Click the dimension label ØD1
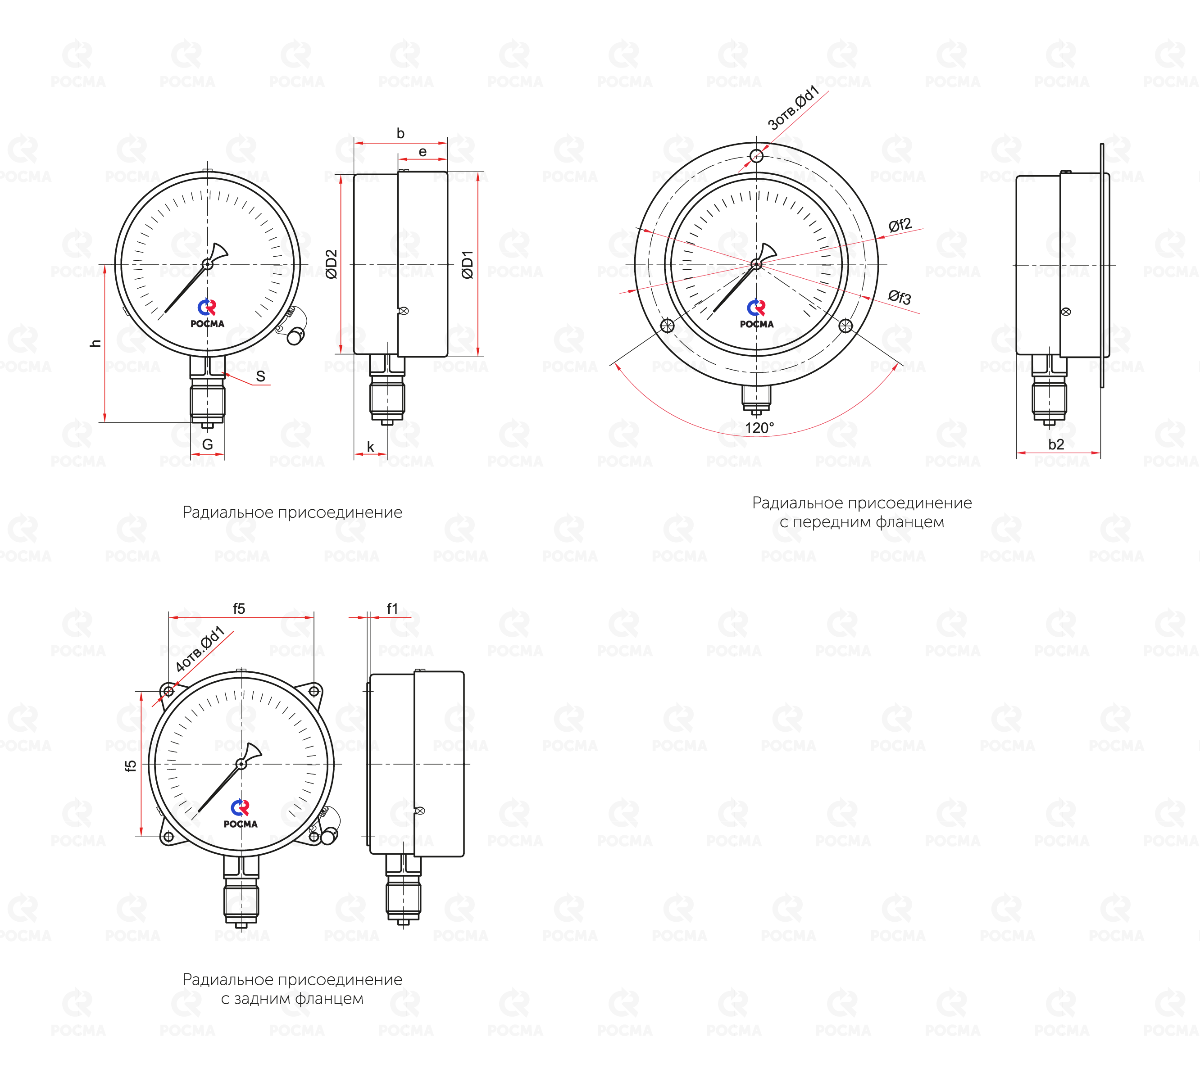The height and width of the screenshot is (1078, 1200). point(468,265)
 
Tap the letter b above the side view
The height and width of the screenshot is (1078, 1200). point(400,133)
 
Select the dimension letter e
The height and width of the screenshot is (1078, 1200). point(423,152)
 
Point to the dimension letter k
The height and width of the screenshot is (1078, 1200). point(370,447)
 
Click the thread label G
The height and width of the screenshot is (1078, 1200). point(207,444)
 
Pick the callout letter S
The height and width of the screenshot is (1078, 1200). point(260,376)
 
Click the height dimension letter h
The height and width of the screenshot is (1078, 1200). point(95,343)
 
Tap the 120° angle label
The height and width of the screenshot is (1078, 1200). point(759,428)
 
